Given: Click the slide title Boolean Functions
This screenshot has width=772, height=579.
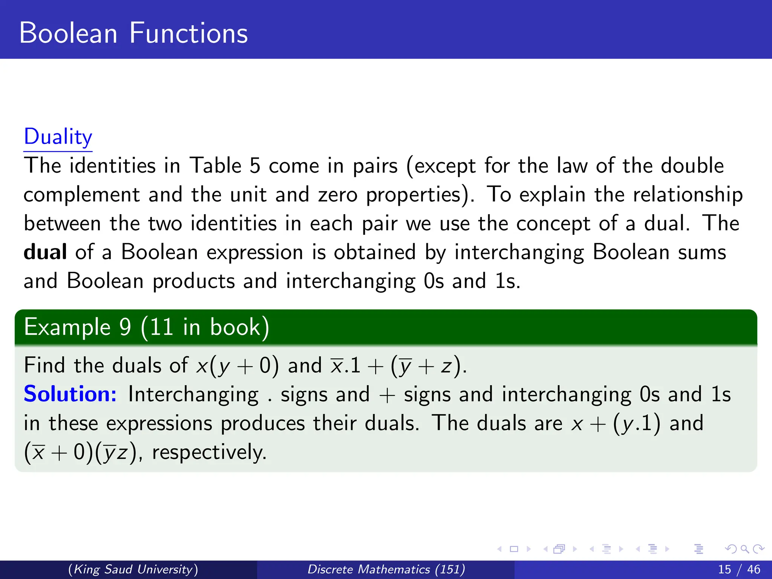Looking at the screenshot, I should pyautogui.click(x=133, y=33).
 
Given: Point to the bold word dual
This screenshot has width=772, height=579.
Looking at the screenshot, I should pyautogui.click(x=45, y=252).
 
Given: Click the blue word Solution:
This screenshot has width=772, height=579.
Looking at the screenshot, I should pyautogui.click(x=70, y=394).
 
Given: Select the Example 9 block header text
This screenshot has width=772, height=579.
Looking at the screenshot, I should pyautogui.click(x=146, y=327).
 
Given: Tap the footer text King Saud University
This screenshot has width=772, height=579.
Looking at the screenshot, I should pyautogui.click(x=133, y=569).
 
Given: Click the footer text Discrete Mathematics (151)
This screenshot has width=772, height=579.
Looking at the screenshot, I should pyautogui.click(x=386, y=569).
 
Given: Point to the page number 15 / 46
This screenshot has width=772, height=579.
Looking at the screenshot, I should pyautogui.click(x=739, y=569).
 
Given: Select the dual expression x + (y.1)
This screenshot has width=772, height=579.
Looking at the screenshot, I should pyautogui.click(x=616, y=423).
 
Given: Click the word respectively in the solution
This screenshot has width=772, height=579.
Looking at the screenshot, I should pyautogui.click(x=209, y=452).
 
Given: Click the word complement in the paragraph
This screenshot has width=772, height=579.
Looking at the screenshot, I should pyautogui.click(x=81, y=195).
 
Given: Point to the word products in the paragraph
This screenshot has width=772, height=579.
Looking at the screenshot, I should pyautogui.click(x=194, y=281).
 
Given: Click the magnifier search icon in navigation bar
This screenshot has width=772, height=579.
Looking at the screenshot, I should pyautogui.click(x=744, y=549).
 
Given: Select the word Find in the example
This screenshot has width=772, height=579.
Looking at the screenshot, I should pyautogui.click(x=44, y=365).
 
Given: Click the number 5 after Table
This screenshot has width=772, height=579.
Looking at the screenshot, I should pyautogui.click(x=255, y=166).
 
